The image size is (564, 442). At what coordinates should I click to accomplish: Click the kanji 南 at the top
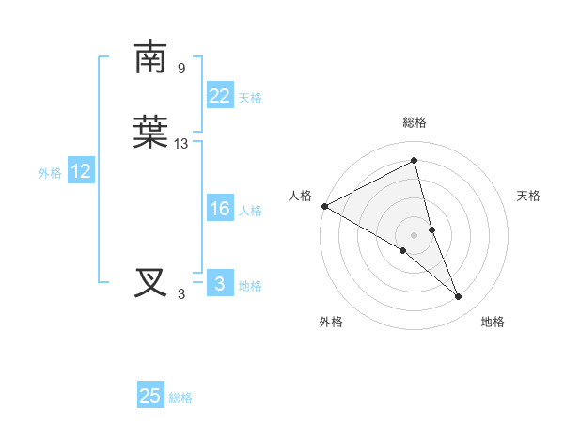coord(150,58)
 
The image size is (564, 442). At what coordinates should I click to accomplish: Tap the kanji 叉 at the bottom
coord(150,283)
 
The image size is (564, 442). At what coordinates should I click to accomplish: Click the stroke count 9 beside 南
coord(180,69)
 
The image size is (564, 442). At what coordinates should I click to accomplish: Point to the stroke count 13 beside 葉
coord(181,144)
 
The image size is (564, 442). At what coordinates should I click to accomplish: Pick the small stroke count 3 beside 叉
coord(181,294)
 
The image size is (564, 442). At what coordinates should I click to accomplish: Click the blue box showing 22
coord(219,96)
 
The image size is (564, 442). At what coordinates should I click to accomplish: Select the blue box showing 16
coord(219,210)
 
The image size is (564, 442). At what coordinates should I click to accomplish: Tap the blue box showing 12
coord(81,171)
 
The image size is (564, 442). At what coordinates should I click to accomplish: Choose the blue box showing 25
coord(150,396)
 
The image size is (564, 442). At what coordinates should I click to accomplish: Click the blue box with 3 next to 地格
coord(219,284)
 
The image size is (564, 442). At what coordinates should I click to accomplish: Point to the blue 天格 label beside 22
coord(250,98)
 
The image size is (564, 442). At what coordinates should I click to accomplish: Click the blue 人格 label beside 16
coord(250,211)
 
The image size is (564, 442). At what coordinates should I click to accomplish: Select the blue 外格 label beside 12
coord(50,173)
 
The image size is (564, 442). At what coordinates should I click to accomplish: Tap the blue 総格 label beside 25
coord(180,398)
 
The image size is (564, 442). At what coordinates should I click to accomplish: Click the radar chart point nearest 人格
coord(324,206)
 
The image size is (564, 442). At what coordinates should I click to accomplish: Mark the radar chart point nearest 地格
coord(459,297)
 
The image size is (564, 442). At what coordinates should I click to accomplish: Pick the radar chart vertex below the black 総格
coord(415,161)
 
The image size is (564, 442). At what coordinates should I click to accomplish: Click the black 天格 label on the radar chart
coord(529,196)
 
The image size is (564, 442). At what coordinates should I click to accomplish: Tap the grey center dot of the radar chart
coord(415,234)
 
